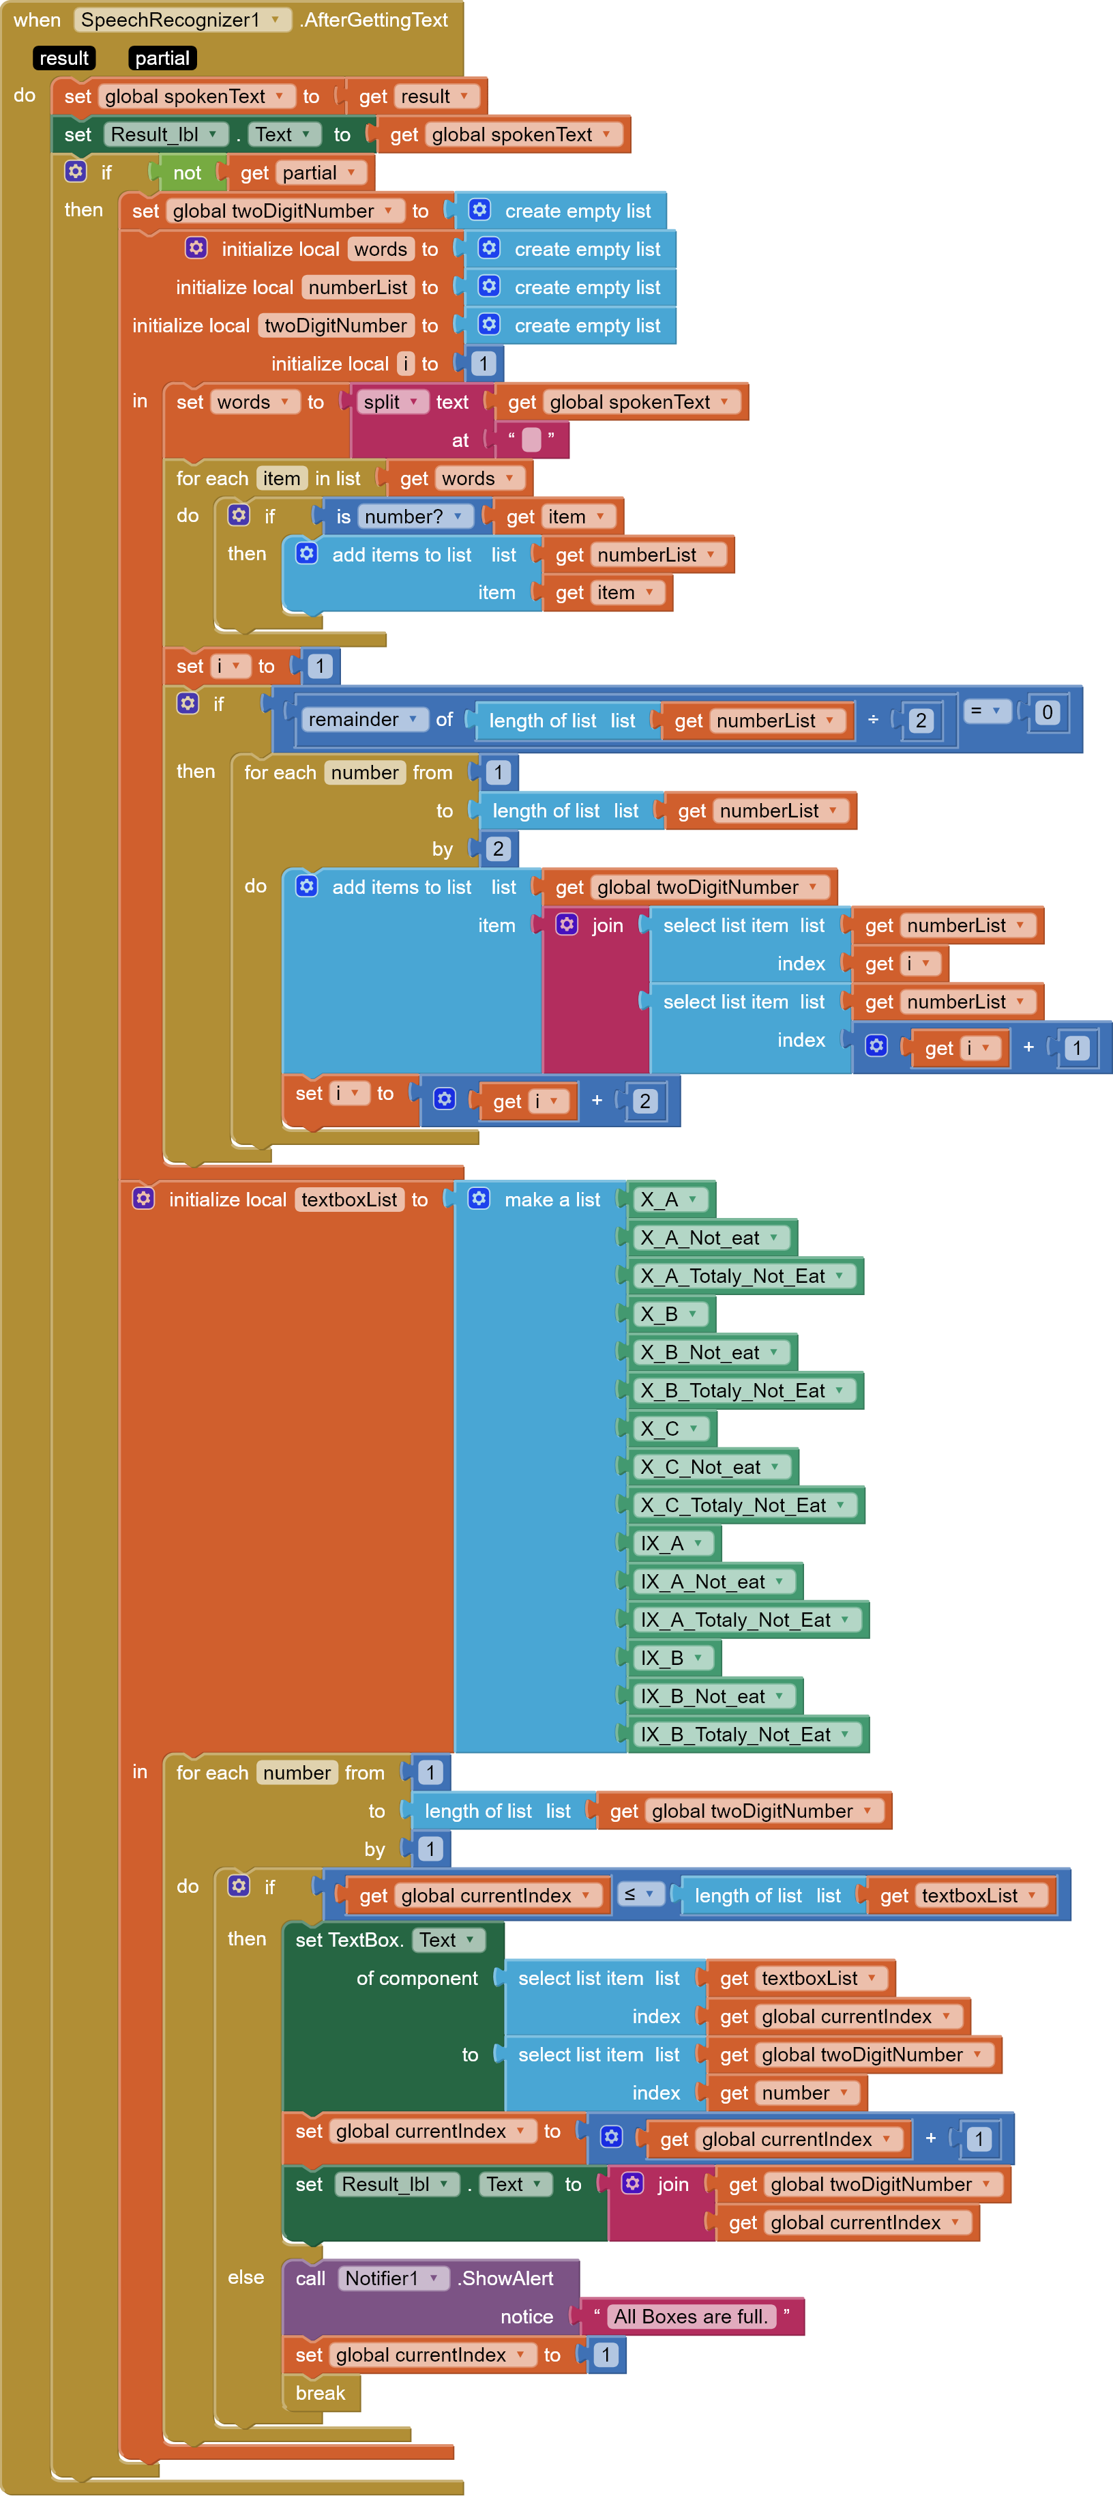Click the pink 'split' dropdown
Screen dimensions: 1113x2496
pyautogui.click(x=390, y=402)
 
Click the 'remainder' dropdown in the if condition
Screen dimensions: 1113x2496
pyautogui.click(x=362, y=719)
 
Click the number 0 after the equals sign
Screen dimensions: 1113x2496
pyautogui.click(x=1046, y=712)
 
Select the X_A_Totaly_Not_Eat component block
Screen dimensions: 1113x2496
pyautogui.click(x=743, y=1276)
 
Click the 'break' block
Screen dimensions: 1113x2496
pyautogui.click(x=321, y=2393)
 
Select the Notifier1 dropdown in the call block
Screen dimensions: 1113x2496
pyautogui.click(x=392, y=2278)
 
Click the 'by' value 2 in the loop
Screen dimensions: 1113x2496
pyautogui.click(x=498, y=849)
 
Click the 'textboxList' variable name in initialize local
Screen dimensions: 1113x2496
pyautogui.click(x=348, y=1200)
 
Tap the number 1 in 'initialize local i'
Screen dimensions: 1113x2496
pyautogui.click(x=482, y=364)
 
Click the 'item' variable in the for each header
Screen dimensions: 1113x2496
pyautogui.click(x=281, y=478)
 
